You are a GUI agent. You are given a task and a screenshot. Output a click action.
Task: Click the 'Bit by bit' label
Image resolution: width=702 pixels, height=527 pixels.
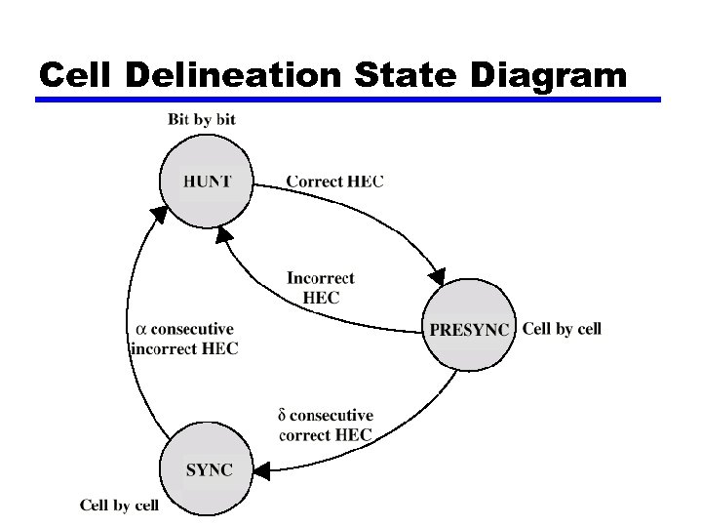(x=202, y=120)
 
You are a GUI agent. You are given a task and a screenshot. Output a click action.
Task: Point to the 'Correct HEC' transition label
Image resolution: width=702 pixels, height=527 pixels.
(x=334, y=182)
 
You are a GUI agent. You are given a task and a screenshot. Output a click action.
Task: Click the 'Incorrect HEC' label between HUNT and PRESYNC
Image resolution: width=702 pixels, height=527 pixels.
(x=321, y=288)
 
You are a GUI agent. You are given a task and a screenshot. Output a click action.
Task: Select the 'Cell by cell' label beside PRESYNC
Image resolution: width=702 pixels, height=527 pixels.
(x=562, y=329)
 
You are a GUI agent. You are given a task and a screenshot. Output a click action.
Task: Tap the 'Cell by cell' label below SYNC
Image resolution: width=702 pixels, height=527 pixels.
(x=119, y=505)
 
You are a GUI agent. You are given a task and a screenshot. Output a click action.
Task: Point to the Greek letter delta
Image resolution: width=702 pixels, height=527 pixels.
(x=285, y=417)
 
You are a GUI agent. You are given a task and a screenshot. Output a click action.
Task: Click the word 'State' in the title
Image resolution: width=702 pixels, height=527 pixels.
(x=405, y=74)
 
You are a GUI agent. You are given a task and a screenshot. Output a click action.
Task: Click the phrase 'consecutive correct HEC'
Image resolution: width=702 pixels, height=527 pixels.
(x=326, y=426)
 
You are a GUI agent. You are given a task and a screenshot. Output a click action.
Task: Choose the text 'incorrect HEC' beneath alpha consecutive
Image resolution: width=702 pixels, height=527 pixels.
(x=184, y=347)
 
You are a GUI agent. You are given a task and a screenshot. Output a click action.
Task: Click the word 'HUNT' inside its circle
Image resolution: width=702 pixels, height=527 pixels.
(x=208, y=181)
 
